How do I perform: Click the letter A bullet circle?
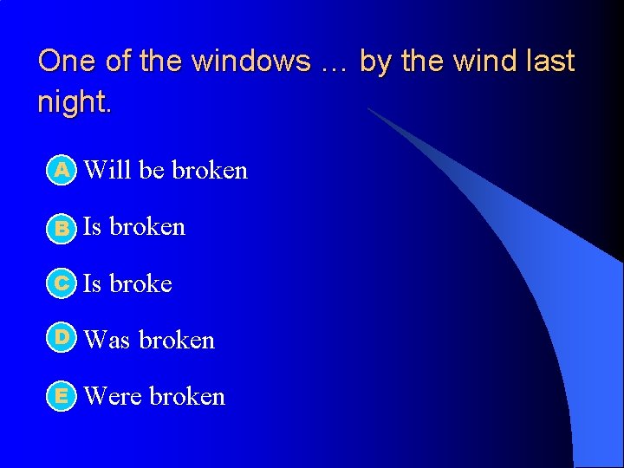[62, 171]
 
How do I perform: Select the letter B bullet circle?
[62, 228]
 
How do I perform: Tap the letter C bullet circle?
[62, 284]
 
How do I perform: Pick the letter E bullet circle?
[62, 396]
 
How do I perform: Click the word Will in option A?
[108, 170]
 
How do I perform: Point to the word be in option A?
[152, 170]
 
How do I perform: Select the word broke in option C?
[140, 283]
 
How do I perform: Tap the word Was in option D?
[108, 340]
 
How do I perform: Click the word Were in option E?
[114, 396]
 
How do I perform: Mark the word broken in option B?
[147, 226]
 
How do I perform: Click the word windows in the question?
[251, 62]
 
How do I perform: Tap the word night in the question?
[73, 102]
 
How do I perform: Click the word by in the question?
[374, 62]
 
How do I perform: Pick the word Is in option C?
[92, 283]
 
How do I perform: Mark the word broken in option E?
[187, 396]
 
